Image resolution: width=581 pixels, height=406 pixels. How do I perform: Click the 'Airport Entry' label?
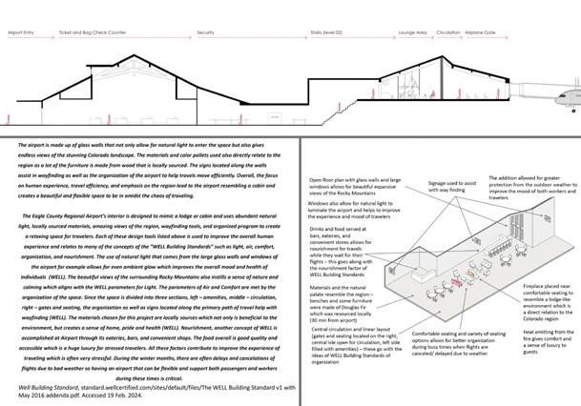pyautogui.click(x=22, y=32)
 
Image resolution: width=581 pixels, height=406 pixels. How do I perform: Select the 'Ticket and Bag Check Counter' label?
pyautogui.click(x=93, y=32)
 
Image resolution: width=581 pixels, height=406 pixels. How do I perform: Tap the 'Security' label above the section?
pyautogui.click(x=205, y=32)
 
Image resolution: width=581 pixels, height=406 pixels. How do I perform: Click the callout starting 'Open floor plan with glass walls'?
pyautogui.click(x=353, y=187)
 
